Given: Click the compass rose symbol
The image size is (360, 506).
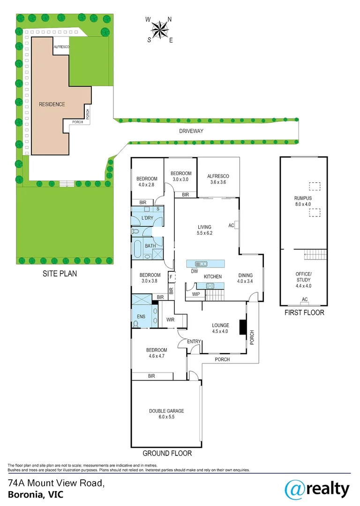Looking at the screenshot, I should tap(160, 30).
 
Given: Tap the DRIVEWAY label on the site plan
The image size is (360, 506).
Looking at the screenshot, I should tap(191, 131).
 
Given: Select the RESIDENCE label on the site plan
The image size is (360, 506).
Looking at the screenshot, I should tap(52, 104).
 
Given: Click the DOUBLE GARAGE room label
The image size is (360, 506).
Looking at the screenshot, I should tap(166, 414).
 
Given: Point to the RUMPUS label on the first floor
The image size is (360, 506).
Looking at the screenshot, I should tap(302, 201).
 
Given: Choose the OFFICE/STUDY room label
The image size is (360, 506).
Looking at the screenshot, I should tap(303, 276).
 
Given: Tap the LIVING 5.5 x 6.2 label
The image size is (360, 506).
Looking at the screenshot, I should tap(205, 230).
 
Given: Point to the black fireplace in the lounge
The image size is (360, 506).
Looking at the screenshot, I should tap(242, 327).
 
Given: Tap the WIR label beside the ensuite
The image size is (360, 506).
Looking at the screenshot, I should tap(171, 320).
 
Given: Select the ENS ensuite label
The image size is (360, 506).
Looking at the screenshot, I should tap(141, 317).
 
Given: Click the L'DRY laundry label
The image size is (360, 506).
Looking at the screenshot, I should tap(147, 218).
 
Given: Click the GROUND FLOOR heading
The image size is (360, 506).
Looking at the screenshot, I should tap(167, 454).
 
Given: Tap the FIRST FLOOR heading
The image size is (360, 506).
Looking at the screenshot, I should tap(304, 313).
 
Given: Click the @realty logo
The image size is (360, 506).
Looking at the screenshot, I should tap(317, 490).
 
